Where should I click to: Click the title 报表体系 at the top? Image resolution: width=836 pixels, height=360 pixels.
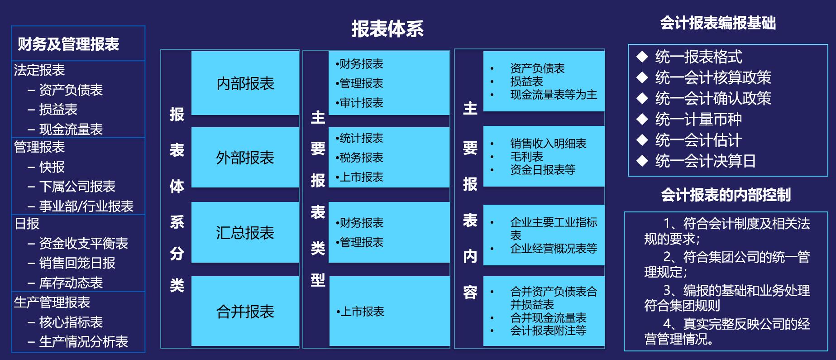pyautogui.click(x=387, y=29)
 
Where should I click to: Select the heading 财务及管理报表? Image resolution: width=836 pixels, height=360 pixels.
pyautogui.click(x=68, y=44)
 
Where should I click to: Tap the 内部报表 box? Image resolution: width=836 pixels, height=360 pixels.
pyautogui.click(x=245, y=83)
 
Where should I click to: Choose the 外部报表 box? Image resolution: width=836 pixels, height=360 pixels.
pyautogui.click(x=245, y=158)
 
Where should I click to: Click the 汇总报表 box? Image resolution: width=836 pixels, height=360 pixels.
pyautogui.click(x=245, y=233)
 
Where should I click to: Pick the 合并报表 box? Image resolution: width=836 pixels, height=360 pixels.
pyautogui.click(x=245, y=312)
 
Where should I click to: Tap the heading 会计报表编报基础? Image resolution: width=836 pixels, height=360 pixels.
pyautogui.click(x=718, y=23)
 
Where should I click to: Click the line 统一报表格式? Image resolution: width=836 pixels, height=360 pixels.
pyautogui.click(x=699, y=57)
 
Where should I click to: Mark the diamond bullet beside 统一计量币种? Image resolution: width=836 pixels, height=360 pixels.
pyautogui.click(x=642, y=119)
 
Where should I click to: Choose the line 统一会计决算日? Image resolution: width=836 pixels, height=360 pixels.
pyautogui.click(x=706, y=161)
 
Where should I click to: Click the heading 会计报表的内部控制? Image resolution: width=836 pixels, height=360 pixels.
pyautogui.click(x=726, y=195)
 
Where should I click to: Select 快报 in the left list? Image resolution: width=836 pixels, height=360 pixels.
pyautogui.click(x=52, y=167)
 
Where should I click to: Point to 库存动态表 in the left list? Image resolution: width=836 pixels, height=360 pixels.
pyautogui.click(x=71, y=283)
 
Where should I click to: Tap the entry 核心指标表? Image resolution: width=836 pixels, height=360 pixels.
pyautogui.click(x=71, y=322)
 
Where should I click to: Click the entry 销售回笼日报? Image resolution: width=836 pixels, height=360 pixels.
pyautogui.click(x=77, y=263)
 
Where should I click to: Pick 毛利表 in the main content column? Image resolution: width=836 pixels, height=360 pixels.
pyautogui.click(x=526, y=157)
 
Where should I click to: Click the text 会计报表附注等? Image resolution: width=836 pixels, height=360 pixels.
pyautogui.click(x=548, y=331)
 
